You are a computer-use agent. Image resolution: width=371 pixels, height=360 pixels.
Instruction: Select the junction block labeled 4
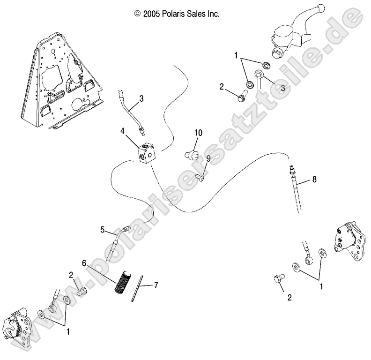[x=146, y=153]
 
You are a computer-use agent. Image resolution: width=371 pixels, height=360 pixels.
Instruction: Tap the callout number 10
[x=198, y=133]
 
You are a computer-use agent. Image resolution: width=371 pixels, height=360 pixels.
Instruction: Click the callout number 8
[x=314, y=179]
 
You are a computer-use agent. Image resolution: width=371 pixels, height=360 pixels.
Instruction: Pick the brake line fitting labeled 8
[x=294, y=175]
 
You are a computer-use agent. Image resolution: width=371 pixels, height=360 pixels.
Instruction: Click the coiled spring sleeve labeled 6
[x=121, y=280]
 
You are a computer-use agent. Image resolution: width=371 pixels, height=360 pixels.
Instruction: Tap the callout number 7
[x=156, y=285]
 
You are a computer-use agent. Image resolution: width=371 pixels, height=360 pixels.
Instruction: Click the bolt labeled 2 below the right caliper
[x=277, y=280]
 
